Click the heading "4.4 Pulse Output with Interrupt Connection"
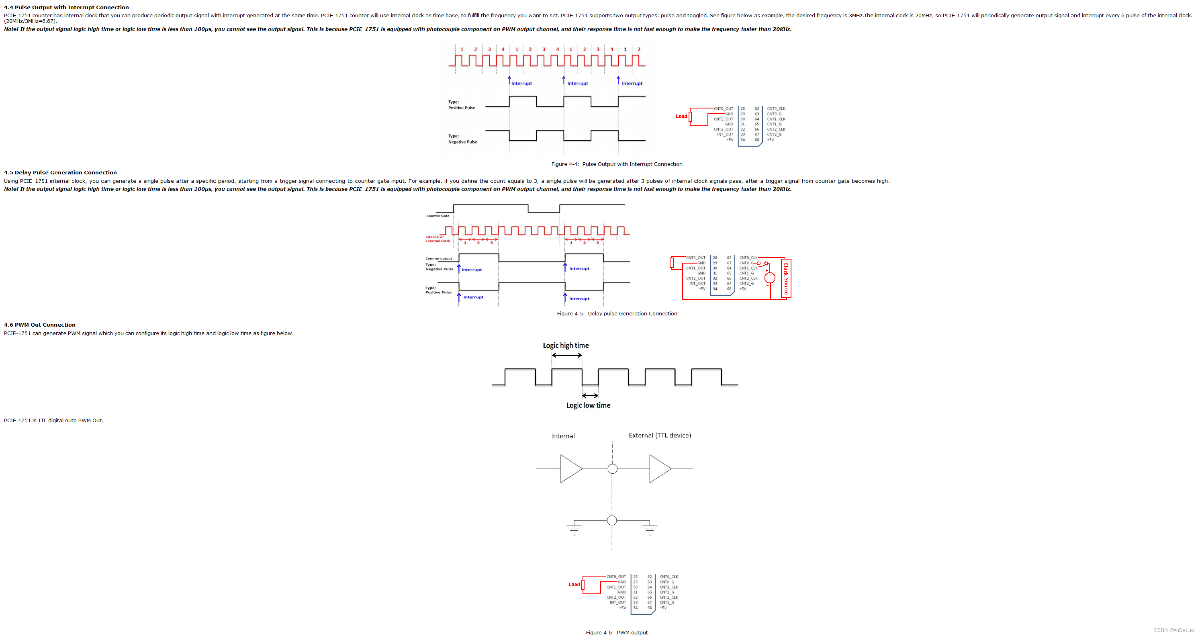(x=66, y=8)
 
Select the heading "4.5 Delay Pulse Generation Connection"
(x=60, y=172)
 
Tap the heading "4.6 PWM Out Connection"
(x=40, y=325)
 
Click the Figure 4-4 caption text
(x=616, y=164)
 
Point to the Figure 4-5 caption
(x=617, y=313)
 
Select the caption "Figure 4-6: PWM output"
(x=616, y=632)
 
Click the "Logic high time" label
(x=566, y=345)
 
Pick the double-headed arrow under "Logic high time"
(x=566, y=355)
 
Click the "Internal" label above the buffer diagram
(x=563, y=436)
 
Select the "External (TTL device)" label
(x=660, y=435)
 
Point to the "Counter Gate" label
(x=437, y=216)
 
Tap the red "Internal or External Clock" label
(x=437, y=239)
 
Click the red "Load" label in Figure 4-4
(x=681, y=116)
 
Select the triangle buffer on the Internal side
(x=570, y=469)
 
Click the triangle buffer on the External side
(x=659, y=469)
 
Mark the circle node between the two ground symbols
(x=611, y=520)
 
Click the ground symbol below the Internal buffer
(x=574, y=529)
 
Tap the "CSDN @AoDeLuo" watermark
(x=1173, y=630)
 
